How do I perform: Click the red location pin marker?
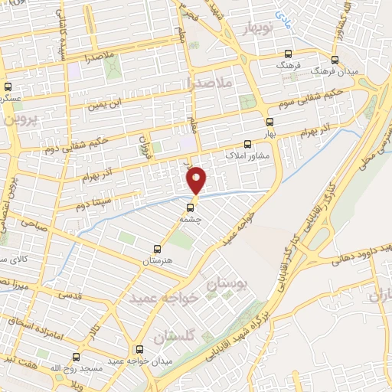click(197, 179)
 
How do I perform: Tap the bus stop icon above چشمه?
click(191, 206)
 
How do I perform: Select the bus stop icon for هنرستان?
click(157, 249)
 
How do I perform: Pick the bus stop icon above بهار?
click(269, 121)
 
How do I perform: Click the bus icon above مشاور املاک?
click(247, 143)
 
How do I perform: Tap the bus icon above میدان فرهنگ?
click(334, 58)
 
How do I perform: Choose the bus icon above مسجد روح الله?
click(75, 357)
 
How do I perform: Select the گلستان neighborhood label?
click(175, 335)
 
